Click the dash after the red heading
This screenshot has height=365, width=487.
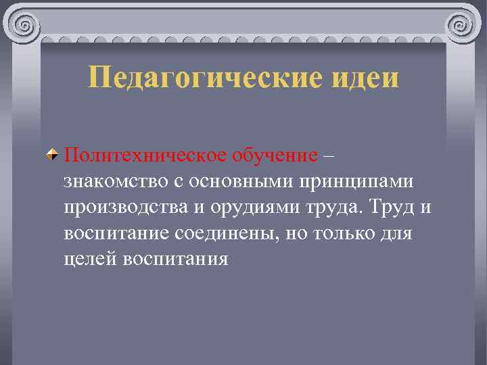[329, 156]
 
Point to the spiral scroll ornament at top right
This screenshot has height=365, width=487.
[463, 25]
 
